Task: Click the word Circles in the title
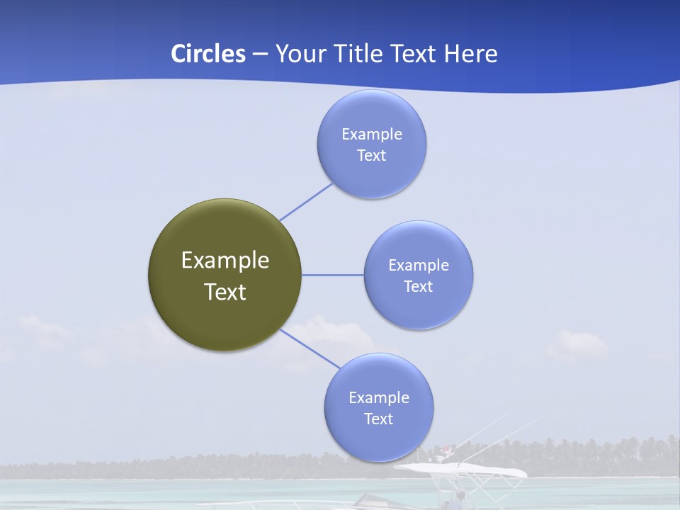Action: [x=208, y=54]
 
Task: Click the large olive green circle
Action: [x=225, y=315]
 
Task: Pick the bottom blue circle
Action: [x=378, y=439]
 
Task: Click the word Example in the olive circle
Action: [x=225, y=260]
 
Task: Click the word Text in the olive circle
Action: [x=225, y=292]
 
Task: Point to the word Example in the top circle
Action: [x=371, y=134]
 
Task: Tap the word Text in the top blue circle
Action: [x=371, y=155]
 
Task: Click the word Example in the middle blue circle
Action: [x=418, y=265]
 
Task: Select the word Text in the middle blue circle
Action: [x=418, y=286]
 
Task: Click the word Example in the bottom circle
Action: [x=378, y=397]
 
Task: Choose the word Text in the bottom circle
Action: [x=378, y=419]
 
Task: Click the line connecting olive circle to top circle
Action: [x=306, y=202]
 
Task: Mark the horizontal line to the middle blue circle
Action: [x=332, y=275]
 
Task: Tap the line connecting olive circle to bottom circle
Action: [x=310, y=349]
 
